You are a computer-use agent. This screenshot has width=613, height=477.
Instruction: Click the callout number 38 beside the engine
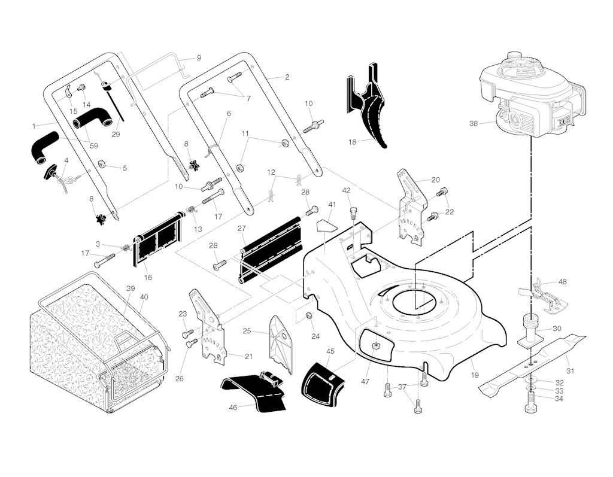point(474,124)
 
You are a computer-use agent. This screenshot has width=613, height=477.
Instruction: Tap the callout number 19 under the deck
point(474,375)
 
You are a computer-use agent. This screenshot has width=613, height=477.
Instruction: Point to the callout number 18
point(353,141)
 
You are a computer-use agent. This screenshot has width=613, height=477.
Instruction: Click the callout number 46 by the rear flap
point(233,407)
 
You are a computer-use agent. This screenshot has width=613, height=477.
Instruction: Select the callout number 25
point(247,330)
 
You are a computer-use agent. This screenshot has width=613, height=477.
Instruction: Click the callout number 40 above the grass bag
point(144,297)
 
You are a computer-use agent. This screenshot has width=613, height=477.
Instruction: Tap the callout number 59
point(94,144)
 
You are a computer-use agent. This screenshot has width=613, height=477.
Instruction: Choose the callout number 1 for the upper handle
point(34,126)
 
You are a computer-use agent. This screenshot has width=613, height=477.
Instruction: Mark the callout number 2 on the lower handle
point(287,77)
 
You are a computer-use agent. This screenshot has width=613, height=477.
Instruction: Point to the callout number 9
point(199,58)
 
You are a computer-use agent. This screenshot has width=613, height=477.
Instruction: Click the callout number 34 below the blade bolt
point(559,400)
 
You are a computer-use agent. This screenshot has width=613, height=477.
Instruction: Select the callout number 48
point(562,281)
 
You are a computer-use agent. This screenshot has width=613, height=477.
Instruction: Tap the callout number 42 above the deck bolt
point(346,190)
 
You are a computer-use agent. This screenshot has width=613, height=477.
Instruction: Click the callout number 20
point(435,180)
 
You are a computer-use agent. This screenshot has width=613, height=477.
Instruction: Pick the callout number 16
point(148,278)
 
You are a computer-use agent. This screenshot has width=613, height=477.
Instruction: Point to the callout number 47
point(365,381)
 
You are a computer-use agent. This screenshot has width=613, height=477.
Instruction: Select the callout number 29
point(116,135)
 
